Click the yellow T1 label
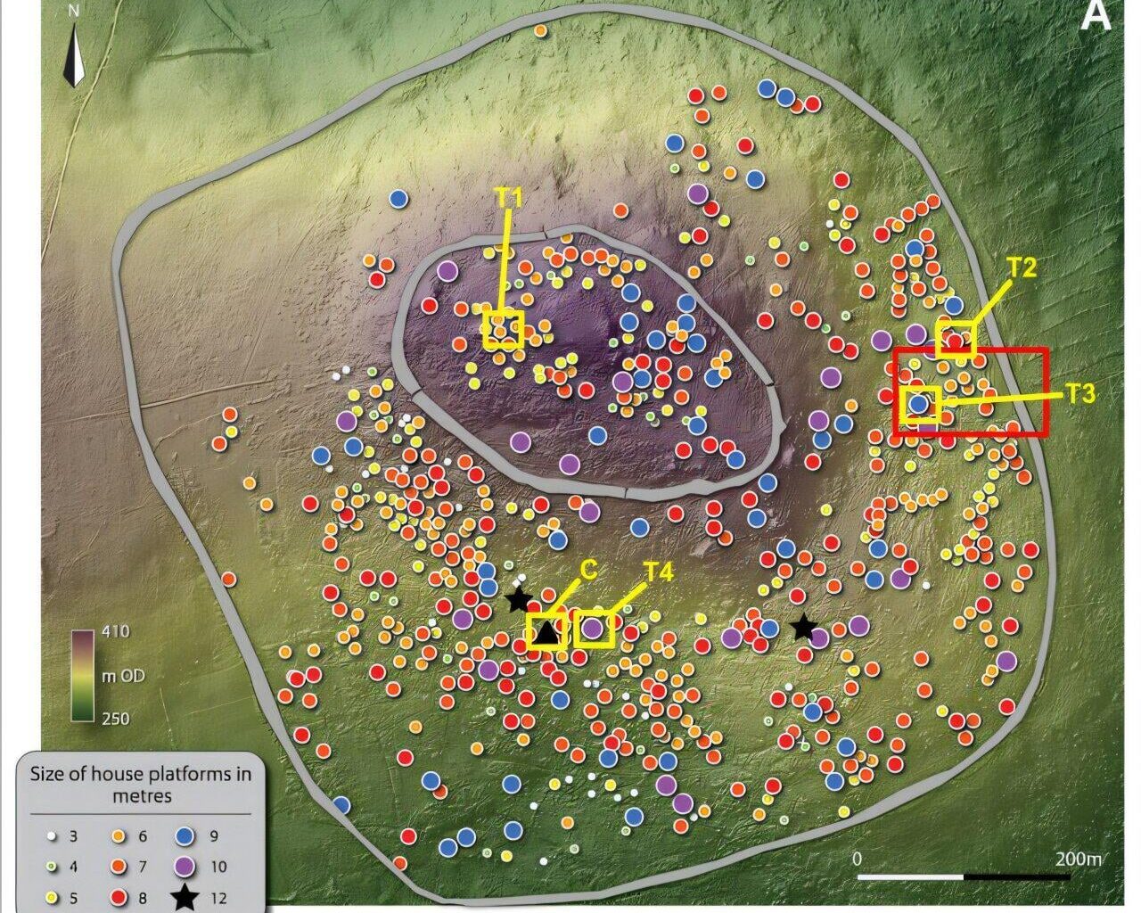click(x=508, y=199)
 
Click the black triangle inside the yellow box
click(x=546, y=633)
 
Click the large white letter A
click(x=1096, y=18)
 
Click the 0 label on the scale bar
click(x=858, y=859)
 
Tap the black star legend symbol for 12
click(x=185, y=898)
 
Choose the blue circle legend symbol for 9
click(x=185, y=837)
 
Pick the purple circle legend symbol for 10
click(x=185, y=867)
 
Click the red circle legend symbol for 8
click(x=118, y=898)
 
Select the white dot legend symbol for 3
click(x=52, y=837)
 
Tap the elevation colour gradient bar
click(x=83, y=675)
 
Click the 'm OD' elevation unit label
click(x=123, y=676)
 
